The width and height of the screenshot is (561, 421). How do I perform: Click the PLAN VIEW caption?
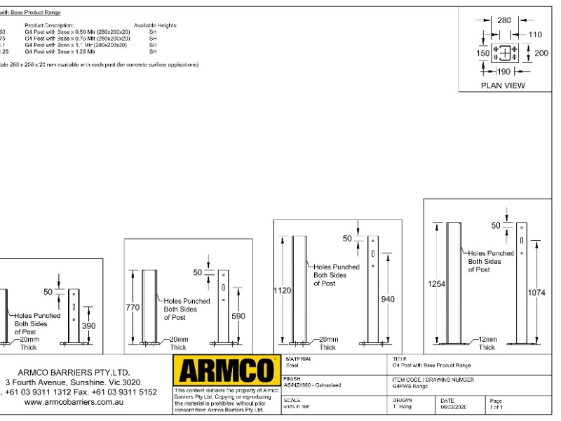[x=502, y=86]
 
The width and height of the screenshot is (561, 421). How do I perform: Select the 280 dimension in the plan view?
[x=504, y=20]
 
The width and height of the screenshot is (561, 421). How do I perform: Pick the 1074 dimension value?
[x=537, y=294]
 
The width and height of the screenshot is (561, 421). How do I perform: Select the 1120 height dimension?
[x=282, y=289]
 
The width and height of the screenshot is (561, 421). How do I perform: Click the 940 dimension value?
[x=387, y=300]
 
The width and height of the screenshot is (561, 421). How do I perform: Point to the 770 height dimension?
[x=133, y=307]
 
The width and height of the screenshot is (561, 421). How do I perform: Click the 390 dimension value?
[x=89, y=327]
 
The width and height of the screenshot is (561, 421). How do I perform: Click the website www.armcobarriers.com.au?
[x=79, y=403]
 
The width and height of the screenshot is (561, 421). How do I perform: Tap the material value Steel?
[x=289, y=365]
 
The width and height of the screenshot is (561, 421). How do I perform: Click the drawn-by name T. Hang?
[x=402, y=406]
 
